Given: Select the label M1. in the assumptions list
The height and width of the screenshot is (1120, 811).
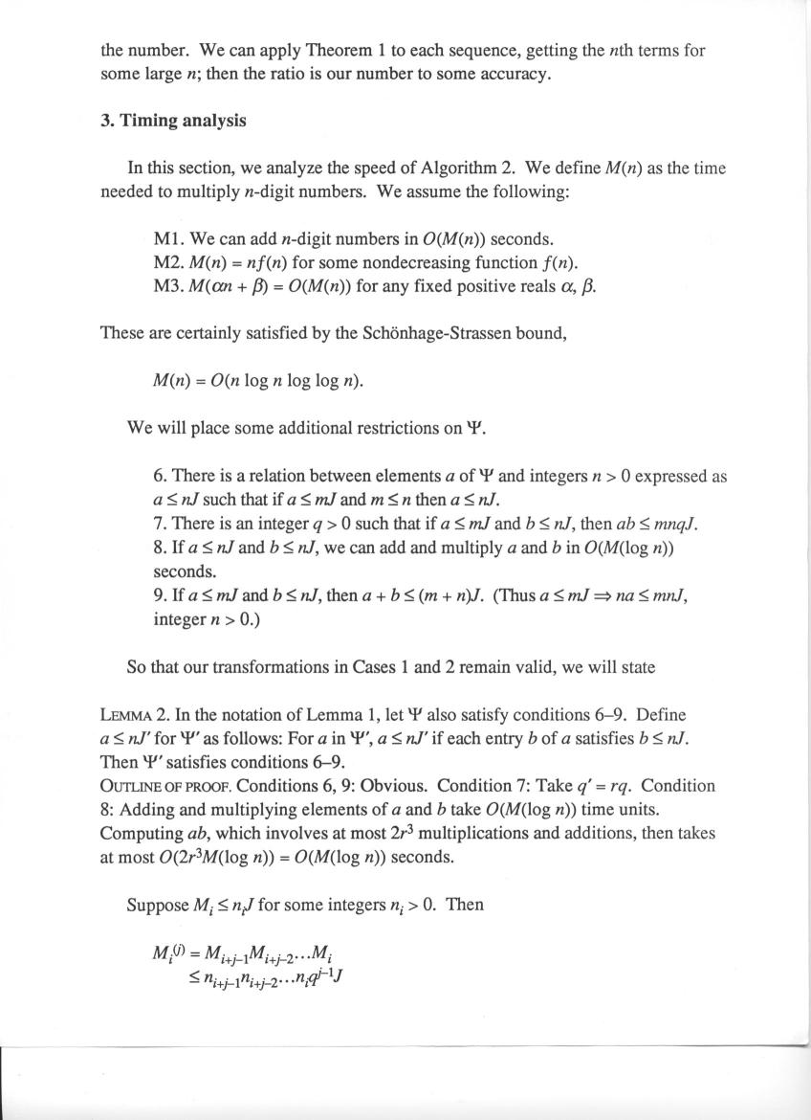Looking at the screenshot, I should click(x=169, y=238).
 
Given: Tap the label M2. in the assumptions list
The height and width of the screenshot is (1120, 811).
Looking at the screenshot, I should click(x=169, y=262).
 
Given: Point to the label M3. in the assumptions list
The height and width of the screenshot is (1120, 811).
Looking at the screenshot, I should click(x=169, y=285).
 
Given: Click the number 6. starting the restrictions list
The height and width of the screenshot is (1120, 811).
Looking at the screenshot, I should click(x=159, y=476).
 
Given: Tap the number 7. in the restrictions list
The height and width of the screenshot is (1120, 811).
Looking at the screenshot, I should click(x=159, y=524).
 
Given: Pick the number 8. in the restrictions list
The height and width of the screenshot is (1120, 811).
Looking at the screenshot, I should click(x=159, y=548).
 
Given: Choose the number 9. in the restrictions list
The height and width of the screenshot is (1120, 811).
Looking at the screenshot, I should click(x=159, y=595).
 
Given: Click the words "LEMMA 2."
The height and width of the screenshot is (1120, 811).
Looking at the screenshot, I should click(x=134, y=715).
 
